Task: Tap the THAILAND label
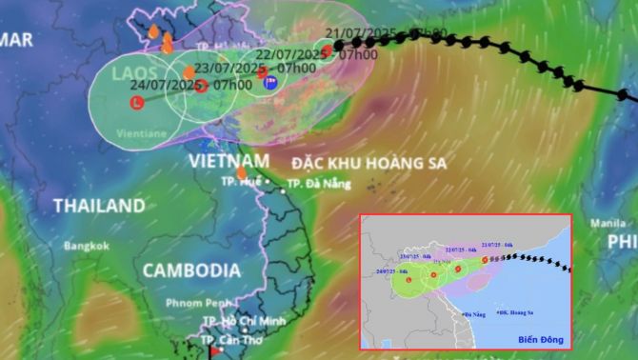99,205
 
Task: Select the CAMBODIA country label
190,270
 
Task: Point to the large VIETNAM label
229,161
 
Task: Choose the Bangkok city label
87,245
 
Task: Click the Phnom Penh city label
191,302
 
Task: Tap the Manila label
608,223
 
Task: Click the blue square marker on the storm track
269,84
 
